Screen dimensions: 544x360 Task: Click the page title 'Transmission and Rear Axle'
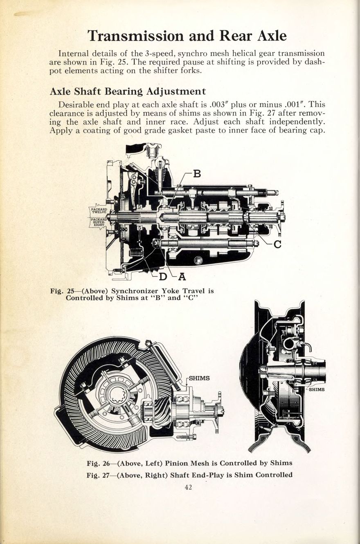click(187, 36)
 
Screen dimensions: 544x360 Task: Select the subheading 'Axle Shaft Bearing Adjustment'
click(127, 91)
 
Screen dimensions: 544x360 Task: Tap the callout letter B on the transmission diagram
click(197, 174)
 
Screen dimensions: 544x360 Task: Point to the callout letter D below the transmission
click(163, 277)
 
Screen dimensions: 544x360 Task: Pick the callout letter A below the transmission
click(182, 277)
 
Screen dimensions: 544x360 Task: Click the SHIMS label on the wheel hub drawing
click(317, 390)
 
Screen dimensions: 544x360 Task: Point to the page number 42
click(188, 487)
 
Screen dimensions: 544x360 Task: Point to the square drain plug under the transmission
click(198, 260)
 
